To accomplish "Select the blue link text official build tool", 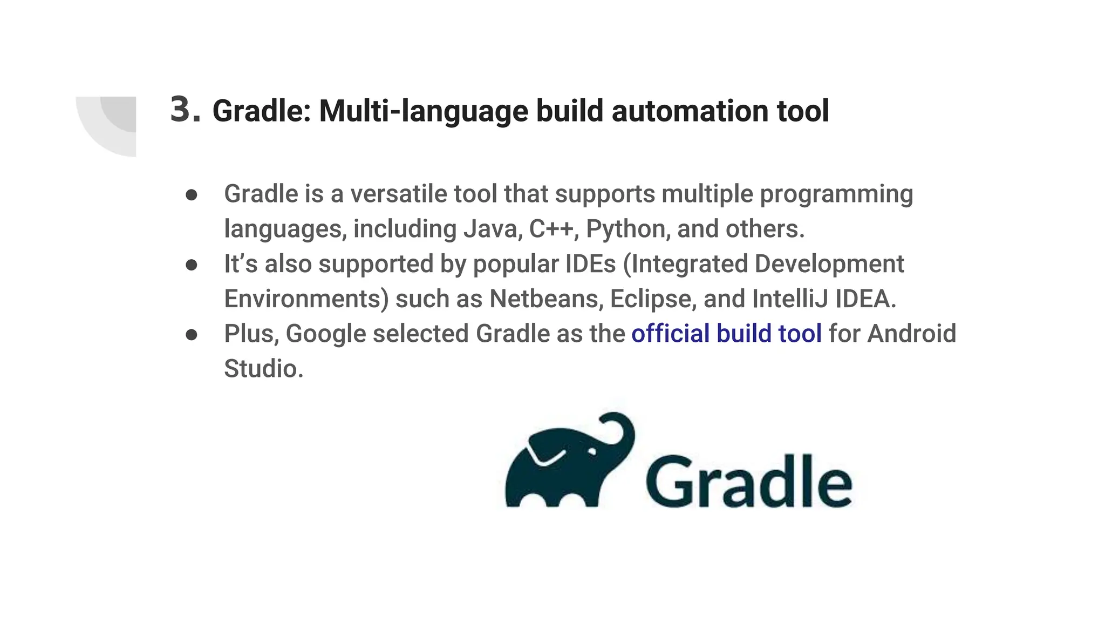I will [726, 333].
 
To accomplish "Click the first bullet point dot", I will [191, 195].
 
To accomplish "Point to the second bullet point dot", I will [191, 265].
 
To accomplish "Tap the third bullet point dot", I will [191, 335].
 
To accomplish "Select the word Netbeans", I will [545, 299].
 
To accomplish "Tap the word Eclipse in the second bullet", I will [651, 299].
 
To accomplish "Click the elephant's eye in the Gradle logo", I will [592, 451].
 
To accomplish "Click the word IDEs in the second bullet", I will [590, 264].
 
